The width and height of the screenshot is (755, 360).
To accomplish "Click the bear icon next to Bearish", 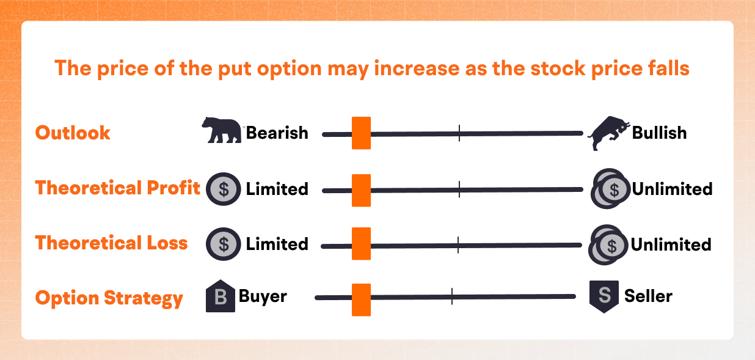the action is tap(222, 130).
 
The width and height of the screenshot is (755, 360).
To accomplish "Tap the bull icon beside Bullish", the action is tap(609, 133).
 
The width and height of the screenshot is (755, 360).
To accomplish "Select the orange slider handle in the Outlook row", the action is tap(362, 133).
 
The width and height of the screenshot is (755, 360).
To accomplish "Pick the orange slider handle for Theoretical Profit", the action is tap(362, 190).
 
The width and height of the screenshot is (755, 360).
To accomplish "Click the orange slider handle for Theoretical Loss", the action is tap(362, 244).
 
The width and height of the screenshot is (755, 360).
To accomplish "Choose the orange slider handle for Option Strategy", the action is tap(362, 299).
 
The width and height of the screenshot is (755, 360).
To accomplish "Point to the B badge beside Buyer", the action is tap(221, 296).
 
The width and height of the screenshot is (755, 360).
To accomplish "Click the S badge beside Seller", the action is tap(604, 296).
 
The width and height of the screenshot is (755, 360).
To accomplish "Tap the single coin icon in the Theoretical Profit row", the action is tap(224, 189).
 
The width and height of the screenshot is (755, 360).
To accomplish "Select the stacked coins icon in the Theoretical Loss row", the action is tap(608, 244).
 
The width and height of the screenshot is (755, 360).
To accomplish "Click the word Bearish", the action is tap(277, 133).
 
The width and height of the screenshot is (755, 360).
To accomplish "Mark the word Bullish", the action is tap(659, 133).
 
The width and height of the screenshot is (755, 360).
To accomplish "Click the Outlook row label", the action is tap(73, 133).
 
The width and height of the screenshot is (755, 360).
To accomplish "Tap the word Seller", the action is tap(648, 296).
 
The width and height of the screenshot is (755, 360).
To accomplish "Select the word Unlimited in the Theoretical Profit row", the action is tap(673, 189).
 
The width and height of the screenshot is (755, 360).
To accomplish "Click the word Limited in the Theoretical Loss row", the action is tap(277, 244).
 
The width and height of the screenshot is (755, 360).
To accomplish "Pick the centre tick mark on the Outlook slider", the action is tap(459, 133).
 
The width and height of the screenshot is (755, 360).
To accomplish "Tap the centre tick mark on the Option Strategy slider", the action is tap(451, 296).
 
